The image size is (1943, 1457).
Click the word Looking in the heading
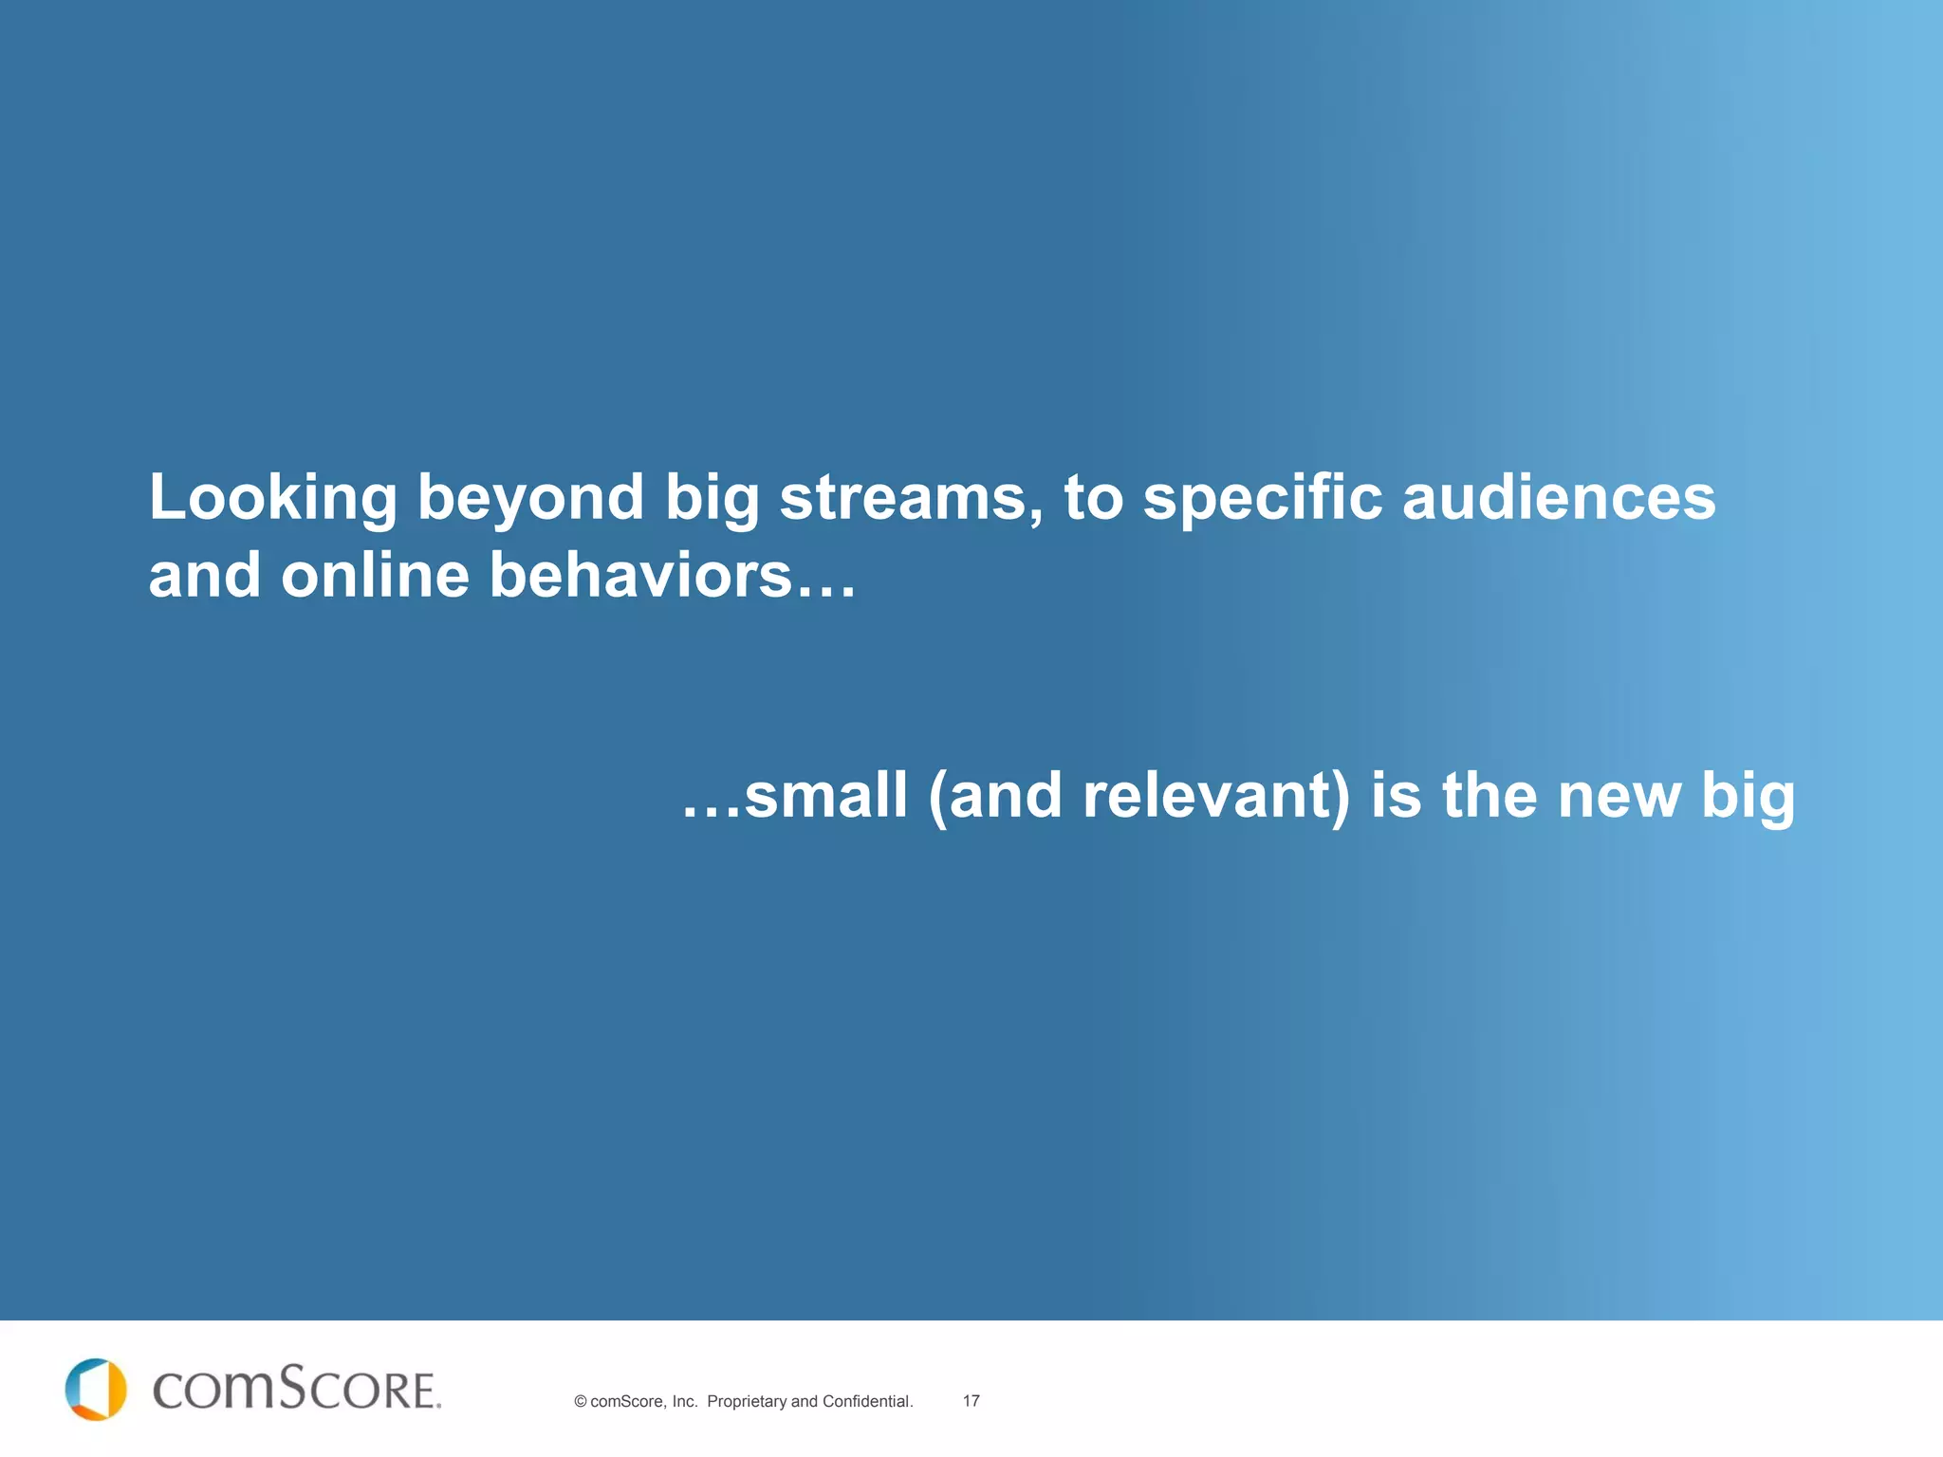tap(272, 499)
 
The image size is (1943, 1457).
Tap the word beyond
tap(530, 499)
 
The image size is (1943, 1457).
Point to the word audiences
tap(1558, 497)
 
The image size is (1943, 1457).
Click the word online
tap(375, 576)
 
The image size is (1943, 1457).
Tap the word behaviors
tap(640, 576)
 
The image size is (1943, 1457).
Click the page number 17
tap(971, 1401)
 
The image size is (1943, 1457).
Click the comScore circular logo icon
tap(96, 1390)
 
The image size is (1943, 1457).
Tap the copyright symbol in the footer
tap(580, 1402)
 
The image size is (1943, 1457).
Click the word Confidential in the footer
tap(866, 1402)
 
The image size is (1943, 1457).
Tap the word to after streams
tap(1093, 499)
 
